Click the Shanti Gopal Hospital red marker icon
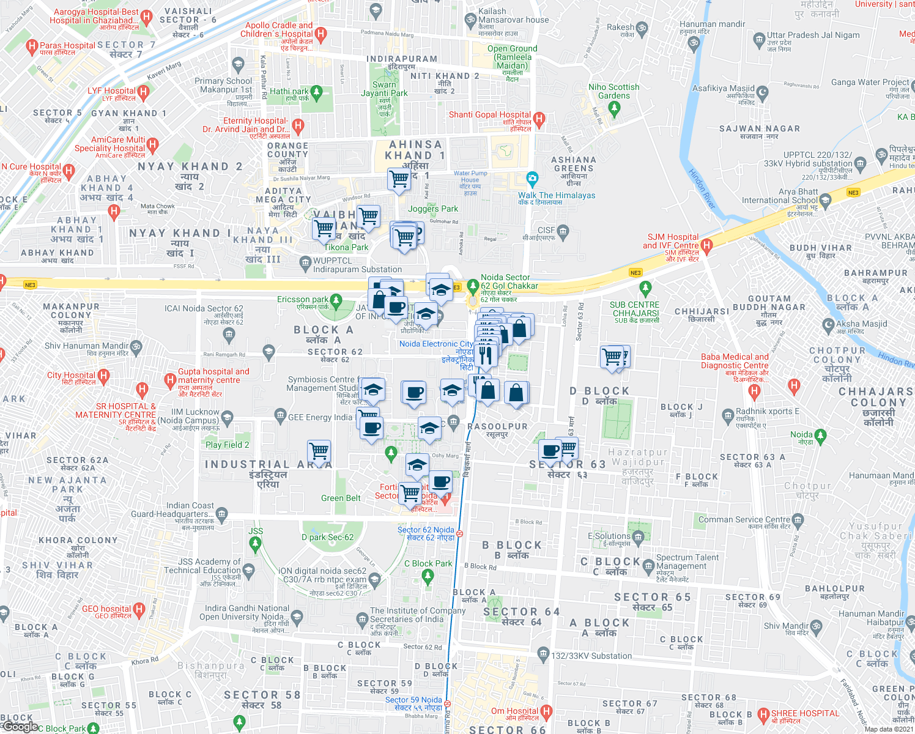pyautogui.click(x=539, y=118)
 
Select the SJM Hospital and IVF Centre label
pyautogui.click(x=670, y=242)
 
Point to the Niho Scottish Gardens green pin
pyautogui.click(x=615, y=109)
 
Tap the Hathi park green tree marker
pyautogui.click(x=316, y=92)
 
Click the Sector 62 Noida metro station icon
pyautogui.click(x=459, y=533)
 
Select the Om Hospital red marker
pyautogui.click(x=546, y=711)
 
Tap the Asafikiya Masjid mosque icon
pyautogui.click(x=762, y=92)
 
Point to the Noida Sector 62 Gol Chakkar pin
pyautogui.click(x=473, y=286)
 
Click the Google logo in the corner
pyautogui.click(x=20, y=727)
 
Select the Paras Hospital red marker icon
pyautogui.click(x=31, y=46)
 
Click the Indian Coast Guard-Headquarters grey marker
pyautogui.click(x=221, y=513)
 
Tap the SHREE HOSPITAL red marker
pyautogui.click(x=763, y=714)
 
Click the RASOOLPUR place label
pyautogui.click(x=497, y=426)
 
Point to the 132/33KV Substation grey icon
pyautogui.click(x=543, y=654)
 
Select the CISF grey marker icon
pyautogui.click(x=563, y=231)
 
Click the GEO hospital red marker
pyautogui.click(x=139, y=609)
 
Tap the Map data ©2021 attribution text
pyautogui.click(x=889, y=729)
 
